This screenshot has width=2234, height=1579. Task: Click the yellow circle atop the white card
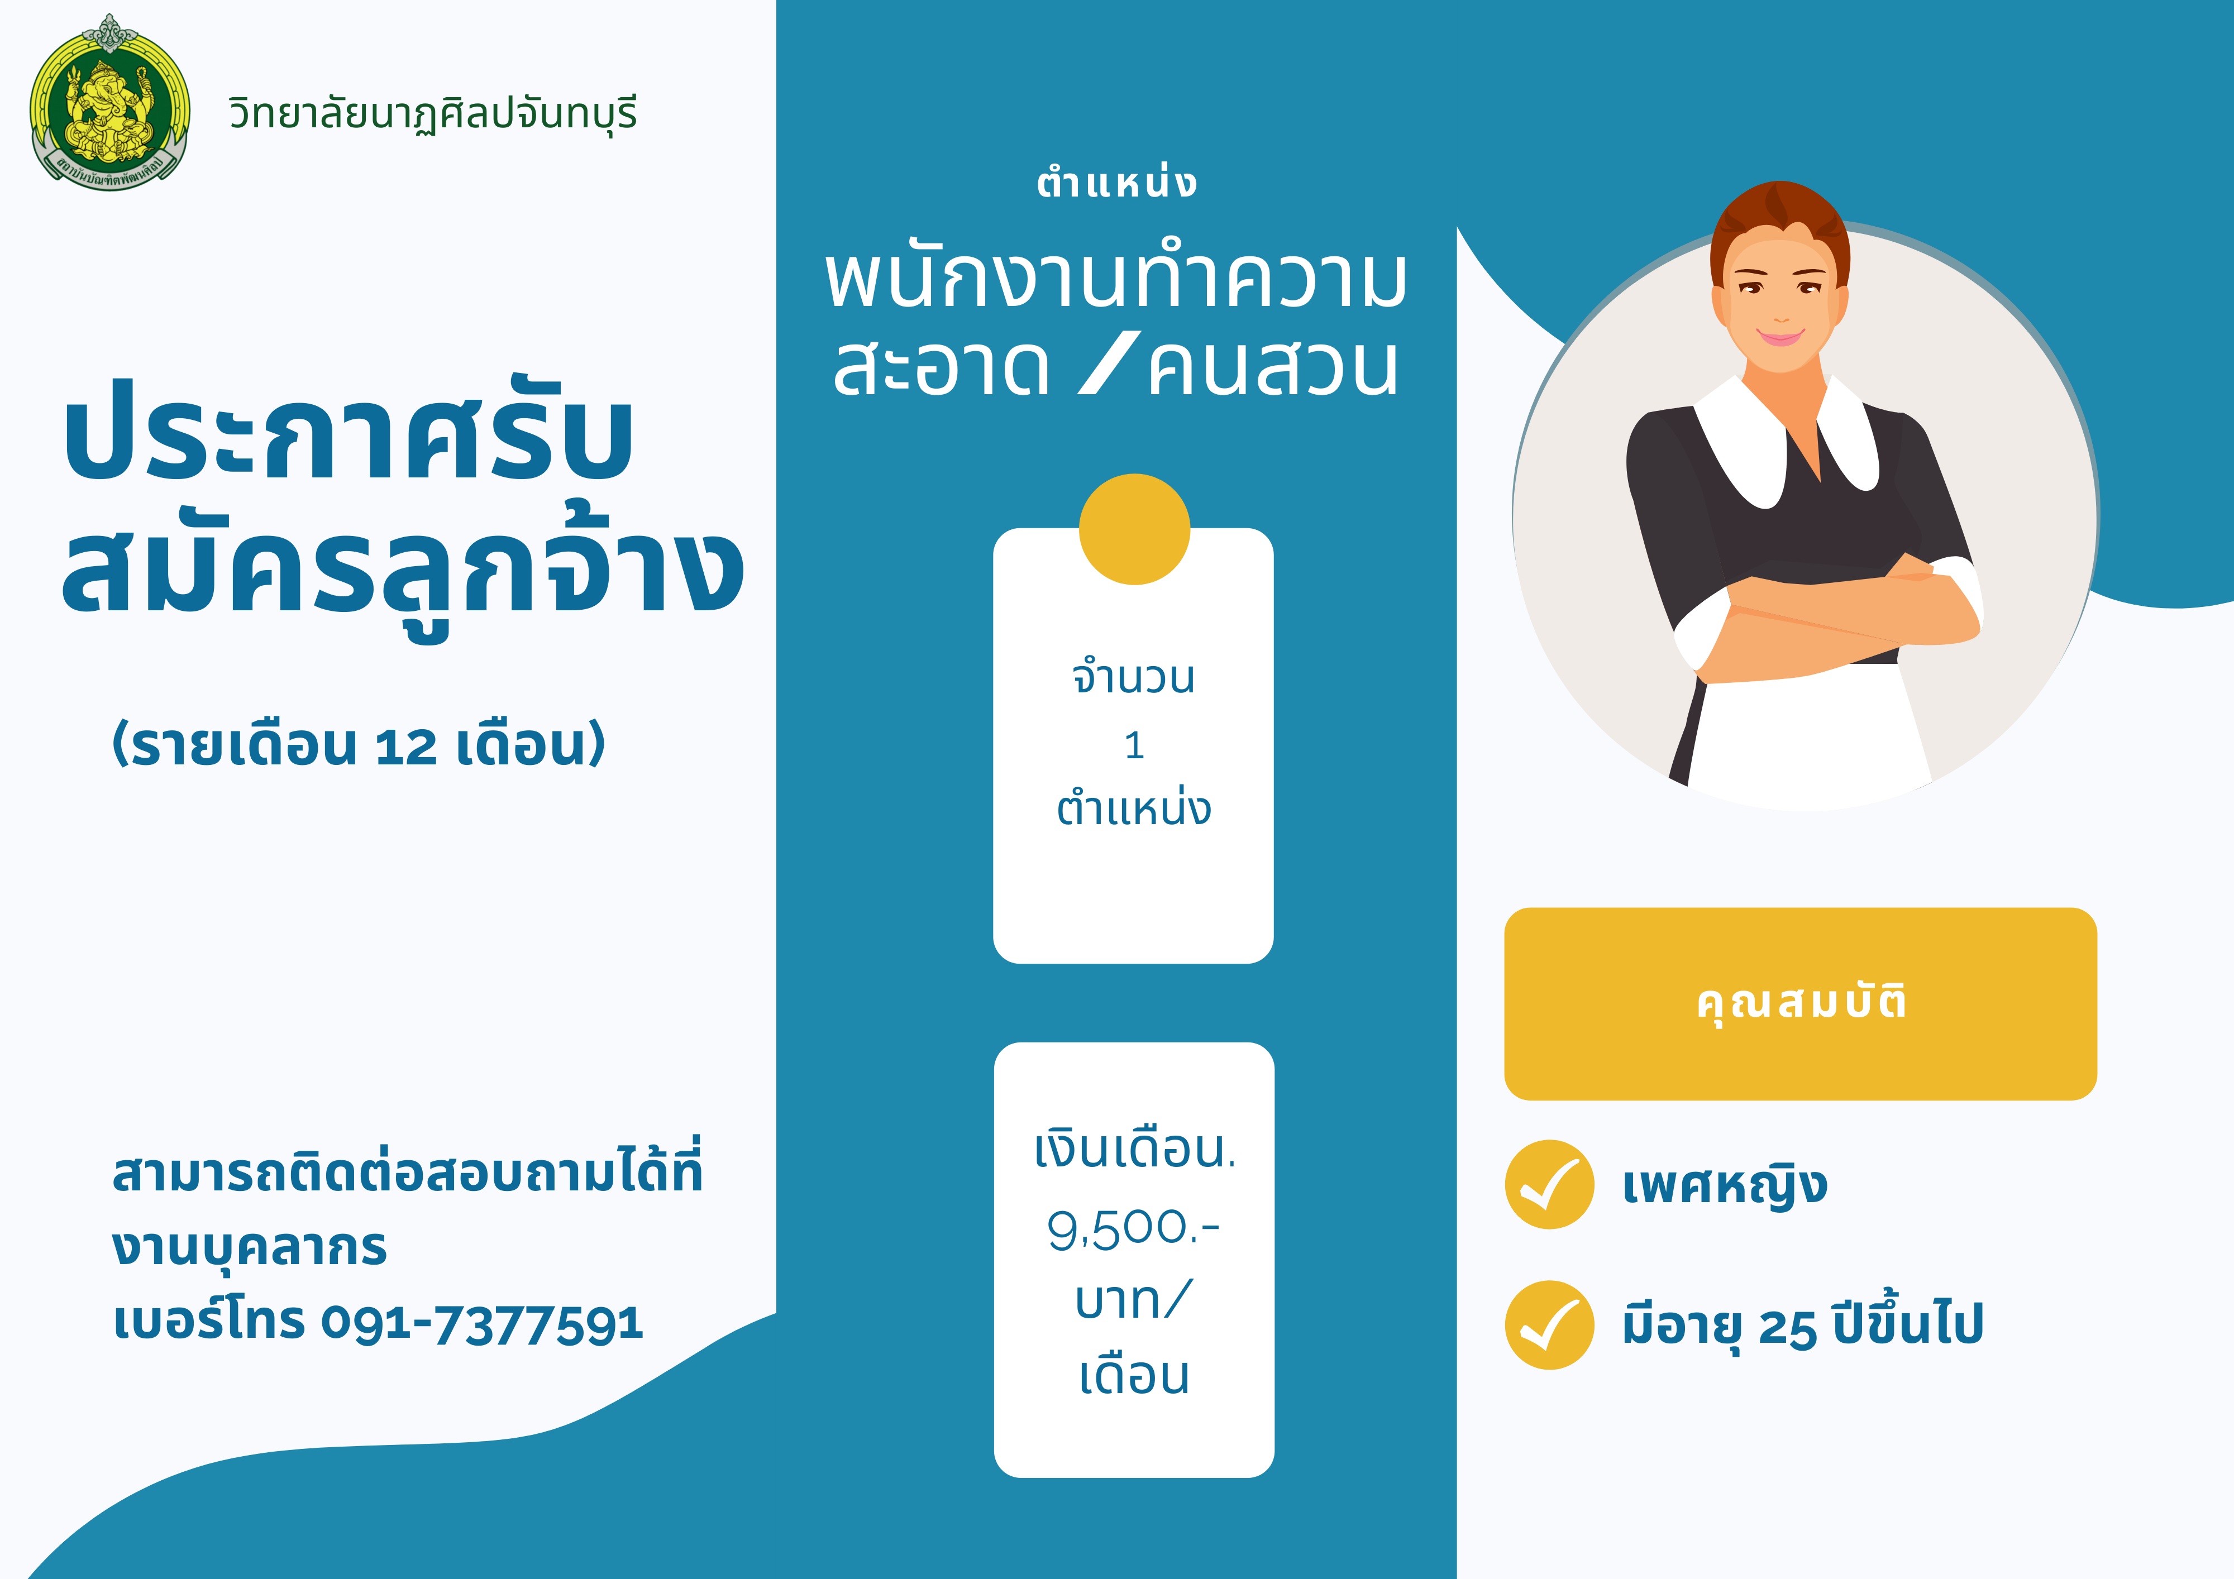[1134, 529]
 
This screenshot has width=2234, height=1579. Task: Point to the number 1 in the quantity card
[1134, 745]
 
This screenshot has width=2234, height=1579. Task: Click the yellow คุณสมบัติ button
[1800, 1004]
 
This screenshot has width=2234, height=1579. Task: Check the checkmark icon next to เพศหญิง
[1549, 1185]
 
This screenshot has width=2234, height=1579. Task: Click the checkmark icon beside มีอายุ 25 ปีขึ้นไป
[1549, 1325]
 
